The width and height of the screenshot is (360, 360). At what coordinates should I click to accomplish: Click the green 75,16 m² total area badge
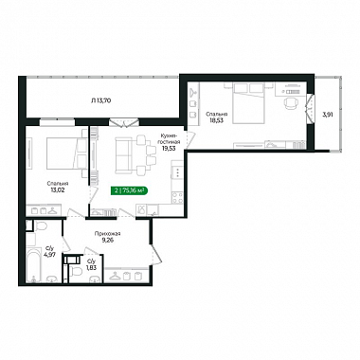[x=130, y=190]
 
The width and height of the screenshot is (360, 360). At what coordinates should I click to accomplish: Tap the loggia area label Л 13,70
[x=100, y=100]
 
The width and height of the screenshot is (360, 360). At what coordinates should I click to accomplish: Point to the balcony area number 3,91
[x=327, y=116]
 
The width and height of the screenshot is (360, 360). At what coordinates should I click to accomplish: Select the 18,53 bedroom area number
[x=214, y=120]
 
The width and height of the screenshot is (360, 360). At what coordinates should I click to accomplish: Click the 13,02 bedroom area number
[x=58, y=189]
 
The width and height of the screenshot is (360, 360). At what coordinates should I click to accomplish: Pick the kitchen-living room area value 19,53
[x=170, y=148]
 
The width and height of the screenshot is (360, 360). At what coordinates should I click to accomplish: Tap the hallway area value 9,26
[x=107, y=240]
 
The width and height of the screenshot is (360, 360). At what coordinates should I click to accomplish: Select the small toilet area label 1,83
[x=91, y=267]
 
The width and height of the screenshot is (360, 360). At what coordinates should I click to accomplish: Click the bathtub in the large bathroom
[x=33, y=265]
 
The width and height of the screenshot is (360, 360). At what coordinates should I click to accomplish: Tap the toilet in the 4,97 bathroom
[x=40, y=225]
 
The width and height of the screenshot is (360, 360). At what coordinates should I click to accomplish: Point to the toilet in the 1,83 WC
[x=76, y=271]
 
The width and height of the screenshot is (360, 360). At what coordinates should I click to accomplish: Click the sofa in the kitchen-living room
[x=123, y=155]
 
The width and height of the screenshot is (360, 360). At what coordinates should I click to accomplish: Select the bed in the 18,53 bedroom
[x=248, y=102]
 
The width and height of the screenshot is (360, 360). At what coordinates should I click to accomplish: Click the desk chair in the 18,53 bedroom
[x=291, y=103]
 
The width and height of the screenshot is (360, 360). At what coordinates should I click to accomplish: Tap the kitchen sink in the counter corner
[x=143, y=209]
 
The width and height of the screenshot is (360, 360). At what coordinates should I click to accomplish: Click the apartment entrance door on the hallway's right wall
[x=156, y=254]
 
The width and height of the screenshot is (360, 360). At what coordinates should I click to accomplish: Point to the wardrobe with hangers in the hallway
[x=127, y=276]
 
